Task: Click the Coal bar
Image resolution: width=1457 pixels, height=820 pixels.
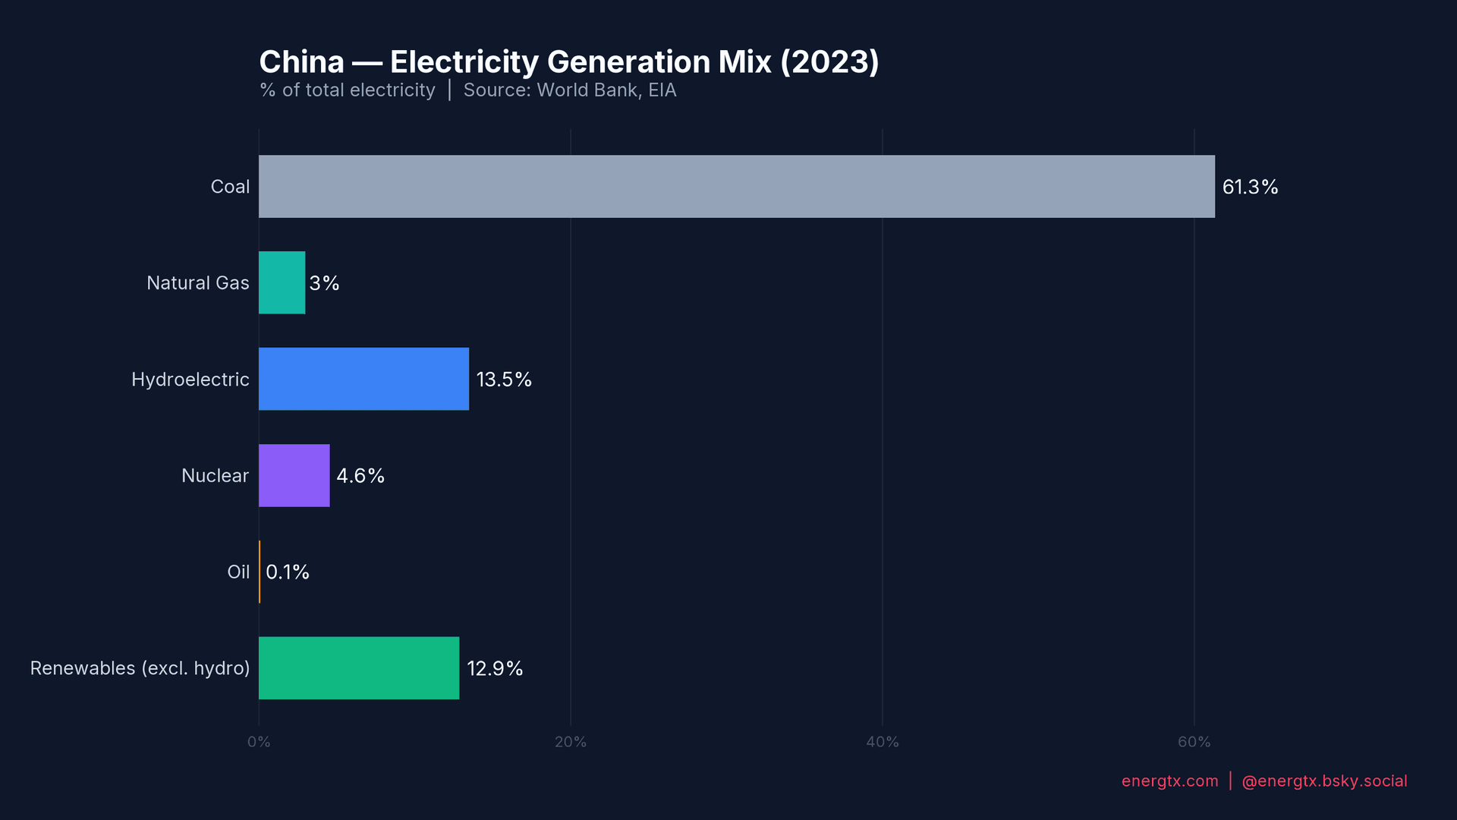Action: click(736, 187)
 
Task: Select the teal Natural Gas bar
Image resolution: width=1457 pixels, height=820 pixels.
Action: click(282, 283)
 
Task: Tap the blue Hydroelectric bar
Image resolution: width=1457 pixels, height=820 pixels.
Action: click(363, 379)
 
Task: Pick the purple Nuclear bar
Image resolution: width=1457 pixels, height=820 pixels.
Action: click(294, 475)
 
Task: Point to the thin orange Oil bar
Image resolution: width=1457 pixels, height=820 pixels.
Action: click(260, 572)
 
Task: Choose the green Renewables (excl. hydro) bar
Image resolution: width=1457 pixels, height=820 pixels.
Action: click(359, 668)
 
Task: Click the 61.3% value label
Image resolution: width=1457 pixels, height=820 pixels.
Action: click(1250, 187)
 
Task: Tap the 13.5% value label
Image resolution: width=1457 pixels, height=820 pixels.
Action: click(504, 379)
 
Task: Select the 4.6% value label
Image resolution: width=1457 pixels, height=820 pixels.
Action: click(360, 475)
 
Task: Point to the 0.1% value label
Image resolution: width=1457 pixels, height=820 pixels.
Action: click(288, 572)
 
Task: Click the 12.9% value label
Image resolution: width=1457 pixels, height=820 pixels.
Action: click(495, 668)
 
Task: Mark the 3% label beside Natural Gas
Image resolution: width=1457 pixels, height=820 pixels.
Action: click(324, 283)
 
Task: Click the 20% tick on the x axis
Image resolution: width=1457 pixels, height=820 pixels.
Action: click(571, 742)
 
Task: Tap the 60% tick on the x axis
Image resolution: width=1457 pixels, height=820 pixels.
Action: click(1194, 742)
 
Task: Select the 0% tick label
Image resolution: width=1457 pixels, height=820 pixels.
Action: click(259, 742)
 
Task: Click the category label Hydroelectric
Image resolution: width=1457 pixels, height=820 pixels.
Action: click(190, 379)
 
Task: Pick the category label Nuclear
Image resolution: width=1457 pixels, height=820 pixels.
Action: click(215, 475)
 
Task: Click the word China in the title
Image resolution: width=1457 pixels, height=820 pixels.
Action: click(302, 62)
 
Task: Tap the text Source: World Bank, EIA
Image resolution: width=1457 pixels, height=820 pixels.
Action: click(569, 90)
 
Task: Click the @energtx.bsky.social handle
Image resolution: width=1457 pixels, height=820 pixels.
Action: click(1324, 781)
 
